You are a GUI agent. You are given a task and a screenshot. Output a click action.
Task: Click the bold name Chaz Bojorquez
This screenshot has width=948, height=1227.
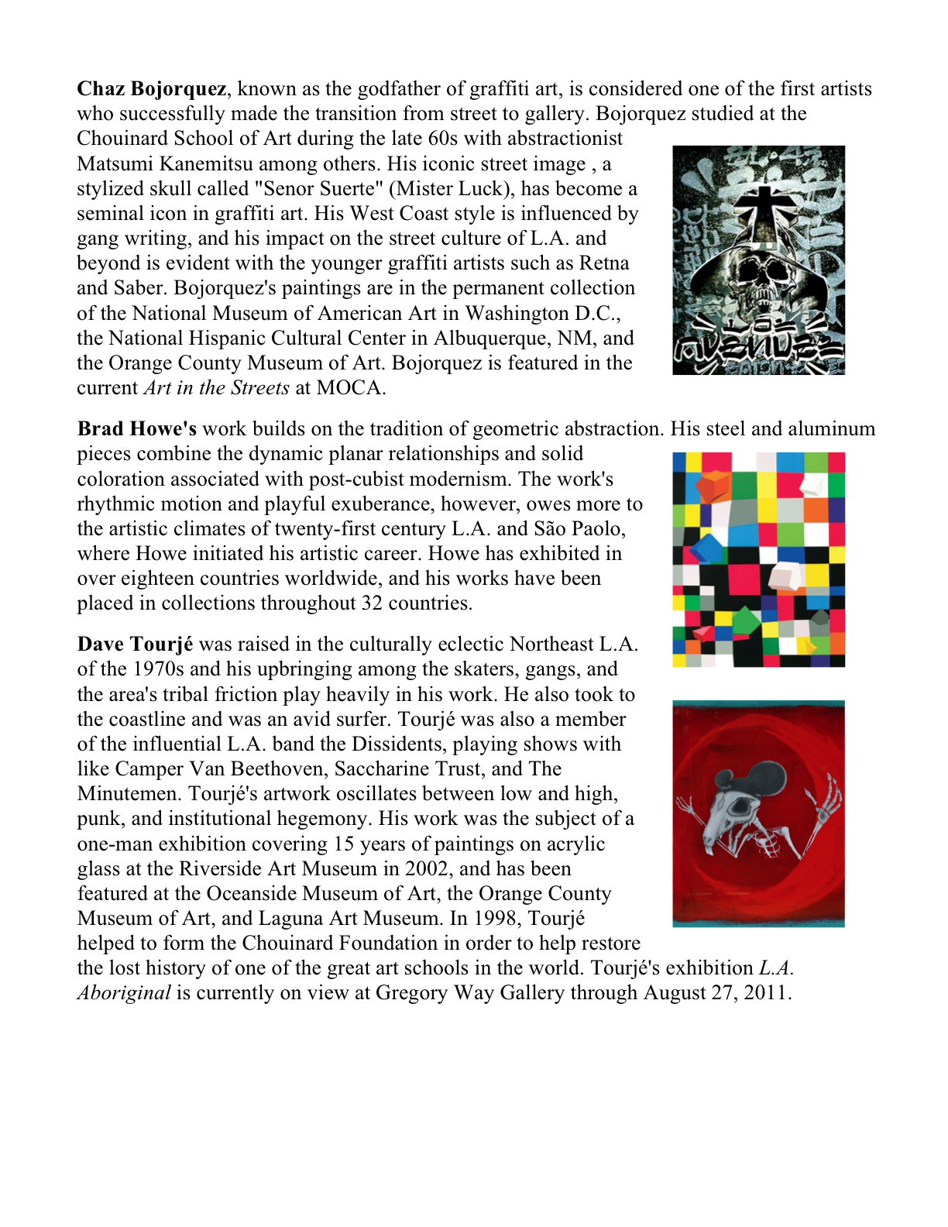[x=152, y=89]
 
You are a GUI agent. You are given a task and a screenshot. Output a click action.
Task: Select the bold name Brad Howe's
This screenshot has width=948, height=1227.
[x=136, y=429]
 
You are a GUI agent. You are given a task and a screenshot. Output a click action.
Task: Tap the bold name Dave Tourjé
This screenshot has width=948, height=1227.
[x=135, y=644]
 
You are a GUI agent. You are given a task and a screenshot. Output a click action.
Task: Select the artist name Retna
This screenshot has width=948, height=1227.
[x=604, y=263]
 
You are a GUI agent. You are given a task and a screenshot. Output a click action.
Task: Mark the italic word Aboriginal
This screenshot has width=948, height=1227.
[x=124, y=993]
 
